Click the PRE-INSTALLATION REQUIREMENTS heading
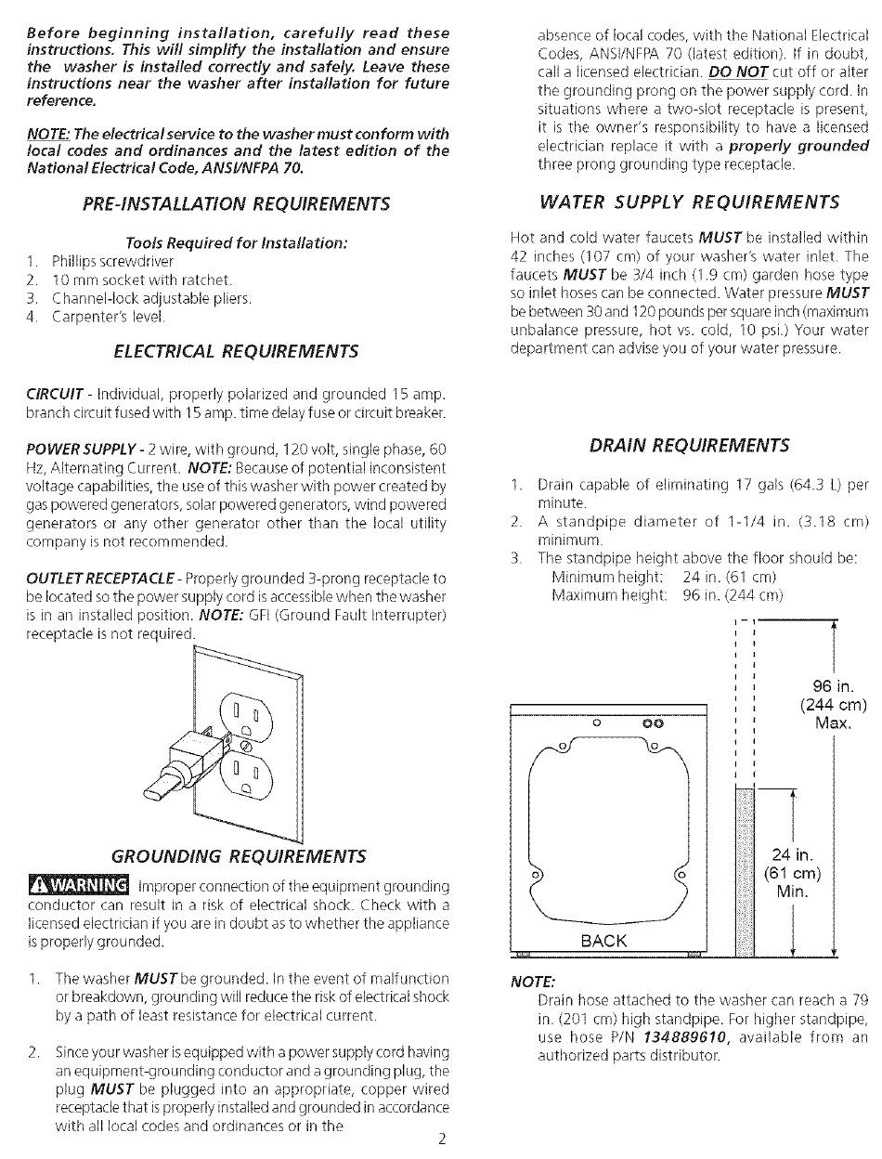[236, 203]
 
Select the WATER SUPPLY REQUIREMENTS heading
[689, 202]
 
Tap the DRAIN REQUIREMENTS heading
[689, 445]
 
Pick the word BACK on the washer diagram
[603, 941]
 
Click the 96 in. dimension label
[834, 686]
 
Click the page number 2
[442, 1139]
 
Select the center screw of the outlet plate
[244, 746]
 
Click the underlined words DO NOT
[738, 72]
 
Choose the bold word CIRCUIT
[55, 394]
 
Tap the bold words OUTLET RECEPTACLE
[100, 579]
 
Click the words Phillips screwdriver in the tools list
[112, 261]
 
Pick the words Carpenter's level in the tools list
[109, 317]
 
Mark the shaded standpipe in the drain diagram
[745, 872]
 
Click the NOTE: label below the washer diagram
[533, 982]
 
